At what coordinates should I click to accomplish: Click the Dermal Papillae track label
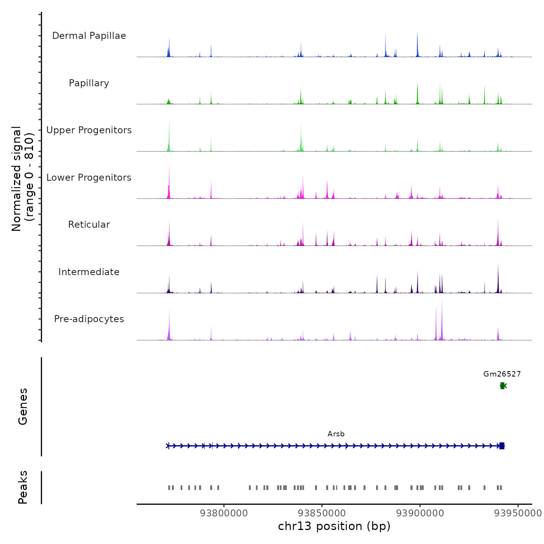pos(89,36)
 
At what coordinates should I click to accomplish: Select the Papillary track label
pos(89,83)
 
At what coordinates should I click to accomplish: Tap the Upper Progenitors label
pos(89,130)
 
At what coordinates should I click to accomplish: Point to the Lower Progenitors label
pos(89,178)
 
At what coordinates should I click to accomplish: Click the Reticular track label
pos(89,225)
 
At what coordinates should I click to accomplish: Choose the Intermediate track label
pos(89,272)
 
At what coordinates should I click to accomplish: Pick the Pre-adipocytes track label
pos(89,319)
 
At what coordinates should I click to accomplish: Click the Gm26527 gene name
pos(502,374)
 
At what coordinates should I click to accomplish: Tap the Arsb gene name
pos(336,434)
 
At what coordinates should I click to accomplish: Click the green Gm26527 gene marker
pos(503,386)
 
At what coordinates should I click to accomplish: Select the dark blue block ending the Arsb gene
pos(502,446)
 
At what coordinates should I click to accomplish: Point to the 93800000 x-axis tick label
pos(224,513)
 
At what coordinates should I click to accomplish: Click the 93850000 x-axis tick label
pos(322,513)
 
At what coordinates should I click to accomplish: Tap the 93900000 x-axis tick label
pos(420,513)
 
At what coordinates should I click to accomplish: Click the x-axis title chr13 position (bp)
pos(334,526)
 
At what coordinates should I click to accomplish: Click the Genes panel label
pos(23,406)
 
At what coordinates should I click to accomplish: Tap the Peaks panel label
pos(23,487)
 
